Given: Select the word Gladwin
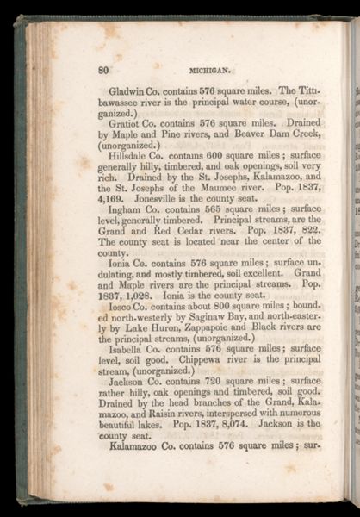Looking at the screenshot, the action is tap(129, 90).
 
